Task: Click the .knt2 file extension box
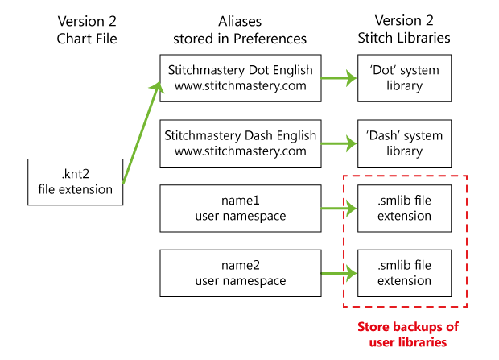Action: pos(76,180)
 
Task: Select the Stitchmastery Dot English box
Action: pos(241,77)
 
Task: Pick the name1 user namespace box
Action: pos(241,208)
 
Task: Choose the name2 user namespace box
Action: pos(241,272)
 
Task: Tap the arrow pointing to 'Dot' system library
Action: pos(339,78)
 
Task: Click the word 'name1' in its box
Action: pos(241,201)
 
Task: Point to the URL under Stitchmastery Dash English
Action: pos(241,151)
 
